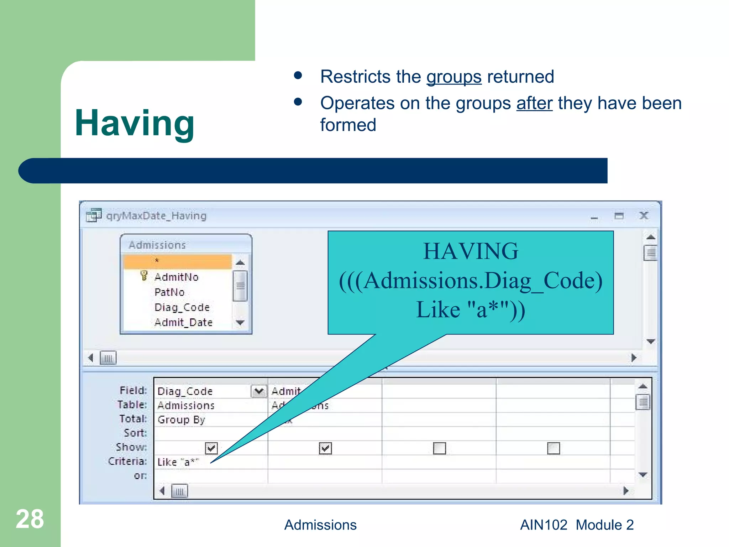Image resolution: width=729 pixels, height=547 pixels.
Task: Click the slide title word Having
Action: (135, 123)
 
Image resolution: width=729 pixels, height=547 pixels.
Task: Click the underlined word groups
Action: (454, 77)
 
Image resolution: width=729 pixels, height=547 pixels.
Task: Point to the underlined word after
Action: (534, 103)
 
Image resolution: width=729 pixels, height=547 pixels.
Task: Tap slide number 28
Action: (30, 519)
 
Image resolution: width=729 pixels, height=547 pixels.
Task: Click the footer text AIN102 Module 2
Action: (577, 525)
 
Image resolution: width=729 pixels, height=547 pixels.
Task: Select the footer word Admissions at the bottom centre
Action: (320, 525)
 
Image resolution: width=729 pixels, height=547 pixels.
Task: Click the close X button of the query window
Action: (644, 216)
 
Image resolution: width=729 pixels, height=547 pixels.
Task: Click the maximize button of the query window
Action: (619, 216)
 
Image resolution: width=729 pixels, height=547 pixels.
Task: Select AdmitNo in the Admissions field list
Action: (177, 277)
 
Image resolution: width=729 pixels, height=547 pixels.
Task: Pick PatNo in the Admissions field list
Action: (169, 292)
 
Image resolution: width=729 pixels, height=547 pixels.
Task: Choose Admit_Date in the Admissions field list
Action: (183, 322)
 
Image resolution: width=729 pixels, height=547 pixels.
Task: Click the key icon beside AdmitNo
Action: (144, 276)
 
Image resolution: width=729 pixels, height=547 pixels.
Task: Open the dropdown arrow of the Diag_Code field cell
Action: (259, 391)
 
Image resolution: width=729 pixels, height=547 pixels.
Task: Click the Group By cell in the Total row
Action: (182, 420)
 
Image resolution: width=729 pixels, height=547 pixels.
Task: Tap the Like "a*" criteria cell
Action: (178, 462)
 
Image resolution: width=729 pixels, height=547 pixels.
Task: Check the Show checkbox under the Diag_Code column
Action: (211, 448)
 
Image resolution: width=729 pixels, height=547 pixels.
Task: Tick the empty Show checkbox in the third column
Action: (439, 448)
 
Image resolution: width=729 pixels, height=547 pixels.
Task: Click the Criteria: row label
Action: (127, 462)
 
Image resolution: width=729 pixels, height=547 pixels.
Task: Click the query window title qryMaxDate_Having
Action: (156, 216)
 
